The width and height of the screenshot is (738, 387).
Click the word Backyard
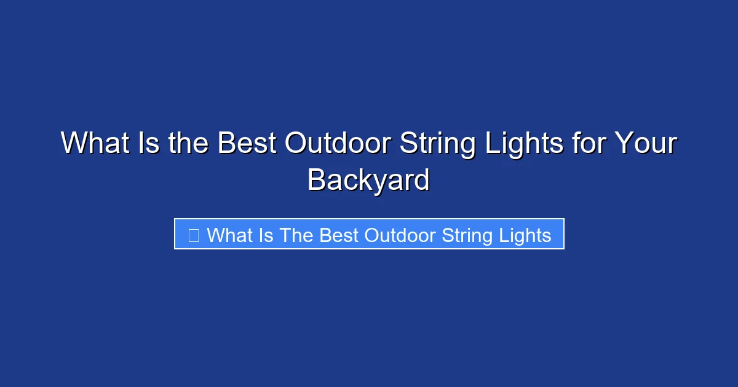[368, 181]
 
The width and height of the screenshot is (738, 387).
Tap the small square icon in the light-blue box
[193, 235]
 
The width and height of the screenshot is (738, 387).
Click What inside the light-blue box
[230, 235]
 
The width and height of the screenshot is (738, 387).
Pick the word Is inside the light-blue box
[266, 235]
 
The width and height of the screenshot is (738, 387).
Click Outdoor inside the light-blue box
[398, 235]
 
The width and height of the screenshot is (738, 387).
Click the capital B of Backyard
[316, 180]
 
